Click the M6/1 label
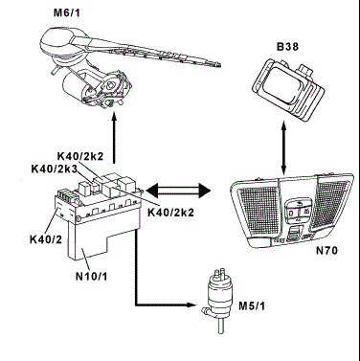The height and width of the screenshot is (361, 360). tap(67, 13)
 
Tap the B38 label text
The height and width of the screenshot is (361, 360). tap(287, 47)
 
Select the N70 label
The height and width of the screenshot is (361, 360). tap(326, 251)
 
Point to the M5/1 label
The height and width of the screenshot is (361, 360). tap(252, 306)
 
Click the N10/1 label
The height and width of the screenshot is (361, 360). tap(92, 276)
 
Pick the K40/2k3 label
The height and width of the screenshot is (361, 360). tap(55, 169)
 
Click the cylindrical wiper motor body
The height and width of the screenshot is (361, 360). tap(74, 84)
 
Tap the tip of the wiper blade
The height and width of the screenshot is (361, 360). tap(219, 65)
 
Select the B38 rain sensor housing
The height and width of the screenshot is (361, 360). tap(288, 89)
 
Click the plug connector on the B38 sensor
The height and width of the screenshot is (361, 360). tap(304, 71)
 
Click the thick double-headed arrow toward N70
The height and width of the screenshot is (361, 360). tap(178, 191)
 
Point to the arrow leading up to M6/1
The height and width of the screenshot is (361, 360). tap(114, 139)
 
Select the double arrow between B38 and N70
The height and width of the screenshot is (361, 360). tap(283, 147)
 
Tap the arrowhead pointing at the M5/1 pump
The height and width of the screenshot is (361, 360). tap(191, 305)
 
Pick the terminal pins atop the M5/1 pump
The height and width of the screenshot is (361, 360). tap(217, 274)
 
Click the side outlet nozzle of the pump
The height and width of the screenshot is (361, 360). tap(207, 310)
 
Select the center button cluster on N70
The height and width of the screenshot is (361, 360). tap(298, 210)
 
